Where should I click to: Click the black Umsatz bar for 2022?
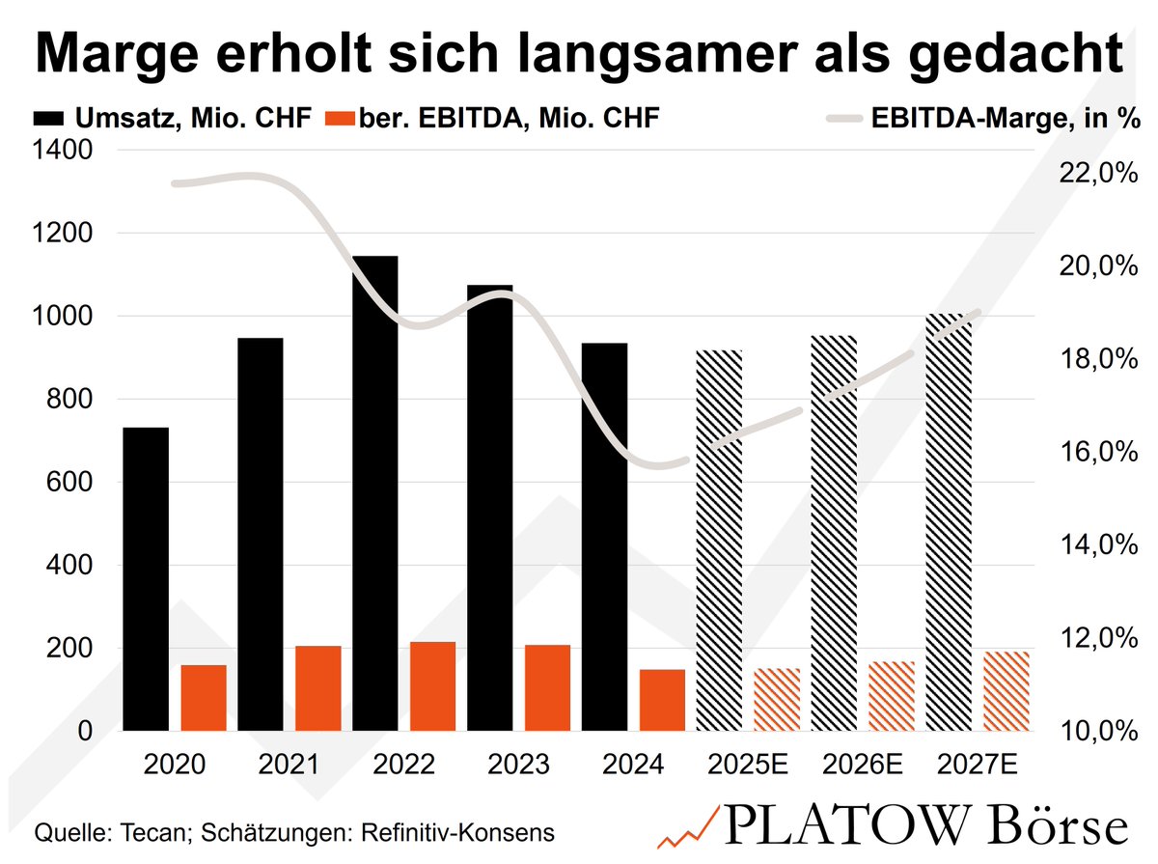tap(374, 492)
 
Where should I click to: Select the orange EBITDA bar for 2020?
tap(203, 697)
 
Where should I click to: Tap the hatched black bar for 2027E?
tap(949, 521)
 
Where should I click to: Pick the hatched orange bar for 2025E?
tap(777, 699)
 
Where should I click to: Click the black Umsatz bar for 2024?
tap(604, 536)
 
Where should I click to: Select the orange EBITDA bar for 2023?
tap(547, 687)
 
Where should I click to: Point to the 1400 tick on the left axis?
tap(65, 151)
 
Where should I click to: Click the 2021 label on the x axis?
tap(289, 766)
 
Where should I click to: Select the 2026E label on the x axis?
tap(863, 766)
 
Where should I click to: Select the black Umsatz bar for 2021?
tap(260, 534)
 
